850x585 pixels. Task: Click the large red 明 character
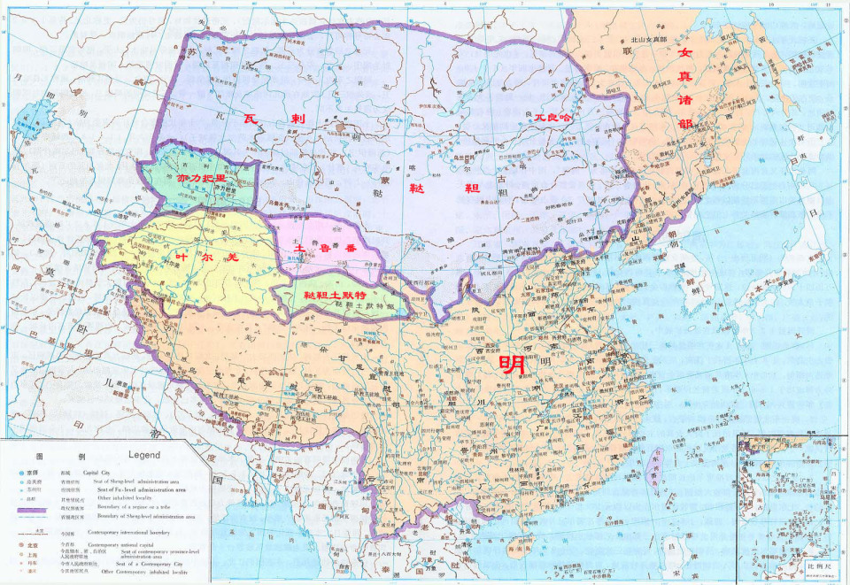(x=512, y=364)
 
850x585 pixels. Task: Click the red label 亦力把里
(x=201, y=178)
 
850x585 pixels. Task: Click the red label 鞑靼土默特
(x=335, y=294)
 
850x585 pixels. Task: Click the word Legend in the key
(x=144, y=455)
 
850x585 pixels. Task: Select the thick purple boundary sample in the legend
(x=32, y=510)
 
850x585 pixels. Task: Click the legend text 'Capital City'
(x=97, y=473)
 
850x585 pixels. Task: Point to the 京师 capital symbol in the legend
(x=21, y=473)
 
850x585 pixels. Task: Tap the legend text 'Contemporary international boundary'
(x=128, y=533)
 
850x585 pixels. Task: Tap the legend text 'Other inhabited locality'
(x=124, y=498)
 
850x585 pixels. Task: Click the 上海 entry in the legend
(x=32, y=556)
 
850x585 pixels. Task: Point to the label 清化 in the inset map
(x=747, y=463)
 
